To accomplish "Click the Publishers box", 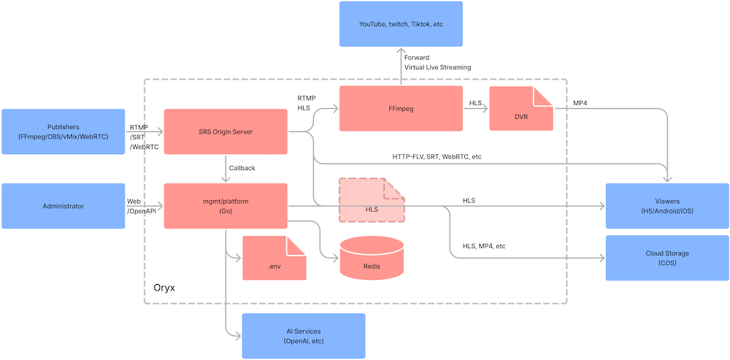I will [x=63, y=131].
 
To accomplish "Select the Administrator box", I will [x=63, y=206].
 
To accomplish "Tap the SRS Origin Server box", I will [x=225, y=131].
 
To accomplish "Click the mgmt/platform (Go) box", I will [x=225, y=206].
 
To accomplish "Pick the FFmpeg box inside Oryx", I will [x=401, y=108].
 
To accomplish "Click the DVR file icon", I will [x=520, y=109].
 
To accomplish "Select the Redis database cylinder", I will [x=372, y=258].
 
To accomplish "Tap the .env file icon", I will [x=274, y=258].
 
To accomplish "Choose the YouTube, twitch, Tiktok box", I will [x=401, y=24].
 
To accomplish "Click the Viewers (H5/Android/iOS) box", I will [x=667, y=206].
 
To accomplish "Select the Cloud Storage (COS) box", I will [x=667, y=258].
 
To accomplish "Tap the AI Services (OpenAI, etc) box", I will [x=304, y=336].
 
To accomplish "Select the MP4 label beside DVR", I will [x=580, y=103].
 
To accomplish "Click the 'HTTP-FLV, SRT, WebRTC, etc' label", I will [x=437, y=156].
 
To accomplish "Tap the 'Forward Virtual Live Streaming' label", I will [x=437, y=62].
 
